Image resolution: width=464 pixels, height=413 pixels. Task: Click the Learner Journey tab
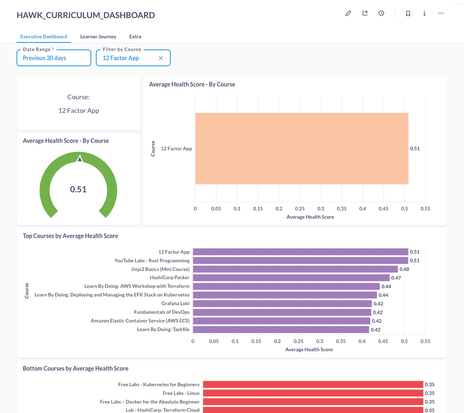coord(98,36)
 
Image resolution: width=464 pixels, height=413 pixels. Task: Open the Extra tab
coord(135,36)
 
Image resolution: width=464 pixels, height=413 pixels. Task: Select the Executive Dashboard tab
coord(44,36)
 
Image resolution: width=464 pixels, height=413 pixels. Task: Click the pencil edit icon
coord(348,13)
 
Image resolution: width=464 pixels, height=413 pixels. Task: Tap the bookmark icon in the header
coord(408,13)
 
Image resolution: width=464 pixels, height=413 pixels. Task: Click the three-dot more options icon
coord(441,13)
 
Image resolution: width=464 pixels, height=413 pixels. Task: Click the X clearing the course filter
coord(161,58)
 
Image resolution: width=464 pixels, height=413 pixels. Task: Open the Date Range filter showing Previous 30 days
coord(54,58)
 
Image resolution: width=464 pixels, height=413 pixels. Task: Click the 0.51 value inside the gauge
coord(78,189)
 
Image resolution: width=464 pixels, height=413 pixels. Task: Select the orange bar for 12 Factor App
coord(302,148)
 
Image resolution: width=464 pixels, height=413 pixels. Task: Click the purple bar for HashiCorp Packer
coord(291,278)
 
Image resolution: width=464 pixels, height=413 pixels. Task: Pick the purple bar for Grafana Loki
coord(282,304)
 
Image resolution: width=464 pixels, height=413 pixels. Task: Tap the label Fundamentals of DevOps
coord(162,312)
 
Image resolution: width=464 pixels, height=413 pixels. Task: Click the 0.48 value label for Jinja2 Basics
coord(404,269)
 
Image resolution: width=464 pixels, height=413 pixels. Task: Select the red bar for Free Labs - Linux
coord(313,393)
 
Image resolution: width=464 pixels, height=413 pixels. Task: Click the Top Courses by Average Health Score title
coord(70,236)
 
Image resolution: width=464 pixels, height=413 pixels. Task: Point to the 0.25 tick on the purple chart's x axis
coord(298,341)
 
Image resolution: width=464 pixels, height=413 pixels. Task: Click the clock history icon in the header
coord(381,13)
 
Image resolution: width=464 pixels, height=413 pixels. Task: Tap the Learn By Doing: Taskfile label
coord(163,329)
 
